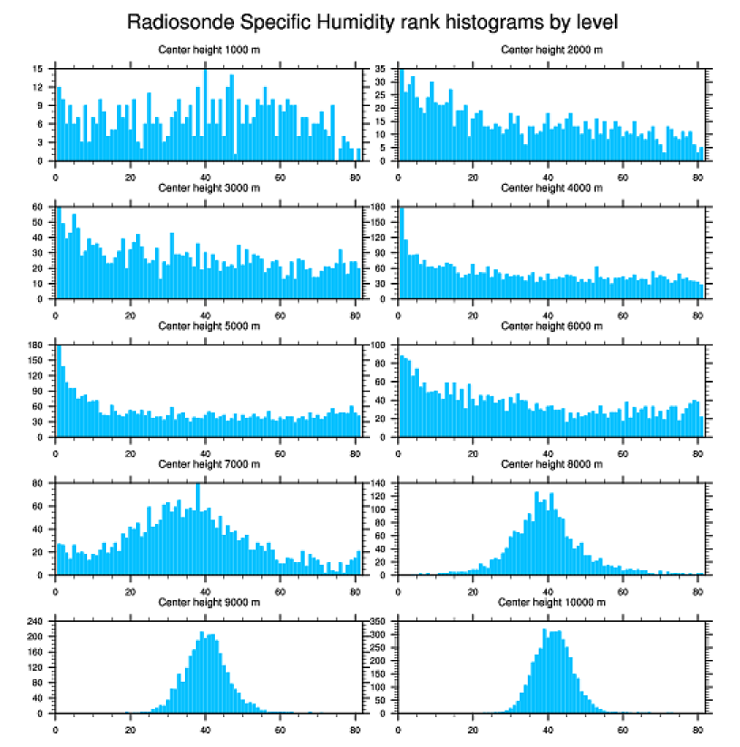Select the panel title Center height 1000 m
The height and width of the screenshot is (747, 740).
pos(209,49)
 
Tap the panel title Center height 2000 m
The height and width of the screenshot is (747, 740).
pos(551,49)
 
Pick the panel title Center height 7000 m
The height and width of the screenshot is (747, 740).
pos(209,464)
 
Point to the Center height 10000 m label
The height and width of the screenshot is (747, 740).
pos(551,602)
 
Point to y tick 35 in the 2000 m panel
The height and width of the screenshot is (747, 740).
pos(382,69)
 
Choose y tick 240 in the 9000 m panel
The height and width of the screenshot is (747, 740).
pos(35,622)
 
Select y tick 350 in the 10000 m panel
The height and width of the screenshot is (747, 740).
pos(379,622)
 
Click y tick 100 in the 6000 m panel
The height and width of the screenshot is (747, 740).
pos(379,345)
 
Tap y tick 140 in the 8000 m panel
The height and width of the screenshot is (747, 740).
pos(379,483)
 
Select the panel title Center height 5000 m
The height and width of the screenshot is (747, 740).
pos(209,325)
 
